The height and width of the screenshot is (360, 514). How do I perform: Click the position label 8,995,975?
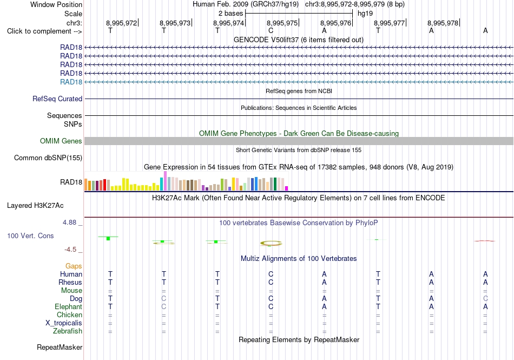click(282, 23)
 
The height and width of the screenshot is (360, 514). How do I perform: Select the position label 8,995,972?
click(121, 23)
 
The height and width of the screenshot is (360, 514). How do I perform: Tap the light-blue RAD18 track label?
click(71, 82)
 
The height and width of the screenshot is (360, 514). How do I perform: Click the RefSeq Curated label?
click(57, 99)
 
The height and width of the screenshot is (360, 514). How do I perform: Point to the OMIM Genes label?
click(61, 141)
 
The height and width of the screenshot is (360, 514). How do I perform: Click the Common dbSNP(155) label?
click(48, 158)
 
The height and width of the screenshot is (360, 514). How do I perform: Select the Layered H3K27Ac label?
click(35, 206)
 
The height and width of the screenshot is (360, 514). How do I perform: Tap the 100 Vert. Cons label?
click(30, 235)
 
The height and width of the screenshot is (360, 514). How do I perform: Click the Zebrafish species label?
click(68, 331)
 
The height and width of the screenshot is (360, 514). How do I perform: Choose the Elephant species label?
click(69, 306)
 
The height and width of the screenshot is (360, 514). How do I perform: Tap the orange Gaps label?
click(74, 266)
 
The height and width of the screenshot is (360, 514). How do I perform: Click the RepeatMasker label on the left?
click(60, 347)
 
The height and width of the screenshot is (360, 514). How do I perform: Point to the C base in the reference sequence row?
click(271, 30)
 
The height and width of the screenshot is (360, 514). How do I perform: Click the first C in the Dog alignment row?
click(164, 298)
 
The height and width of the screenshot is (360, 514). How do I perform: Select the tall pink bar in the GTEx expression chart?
click(165, 181)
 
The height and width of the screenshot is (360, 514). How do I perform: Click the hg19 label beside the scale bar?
click(365, 14)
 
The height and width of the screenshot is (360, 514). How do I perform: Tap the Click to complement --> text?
click(44, 31)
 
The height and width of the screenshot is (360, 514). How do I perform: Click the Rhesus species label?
click(70, 282)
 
